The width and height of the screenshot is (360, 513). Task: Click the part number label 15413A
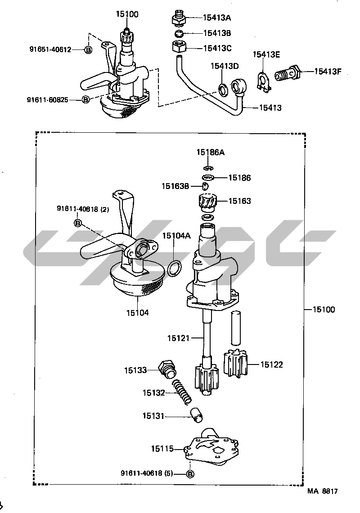pyautogui.click(x=216, y=18)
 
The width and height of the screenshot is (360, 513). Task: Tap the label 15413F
pyautogui.click(x=328, y=71)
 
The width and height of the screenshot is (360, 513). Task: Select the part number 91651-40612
pyautogui.click(x=50, y=50)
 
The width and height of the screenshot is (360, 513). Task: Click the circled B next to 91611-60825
pyautogui.click(x=85, y=99)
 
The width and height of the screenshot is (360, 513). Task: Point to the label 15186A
pyautogui.click(x=211, y=152)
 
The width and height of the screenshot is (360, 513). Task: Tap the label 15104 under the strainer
pyautogui.click(x=137, y=313)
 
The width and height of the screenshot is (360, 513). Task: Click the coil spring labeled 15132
pyautogui.click(x=182, y=391)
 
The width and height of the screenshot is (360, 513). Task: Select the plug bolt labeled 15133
pyautogui.click(x=167, y=370)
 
